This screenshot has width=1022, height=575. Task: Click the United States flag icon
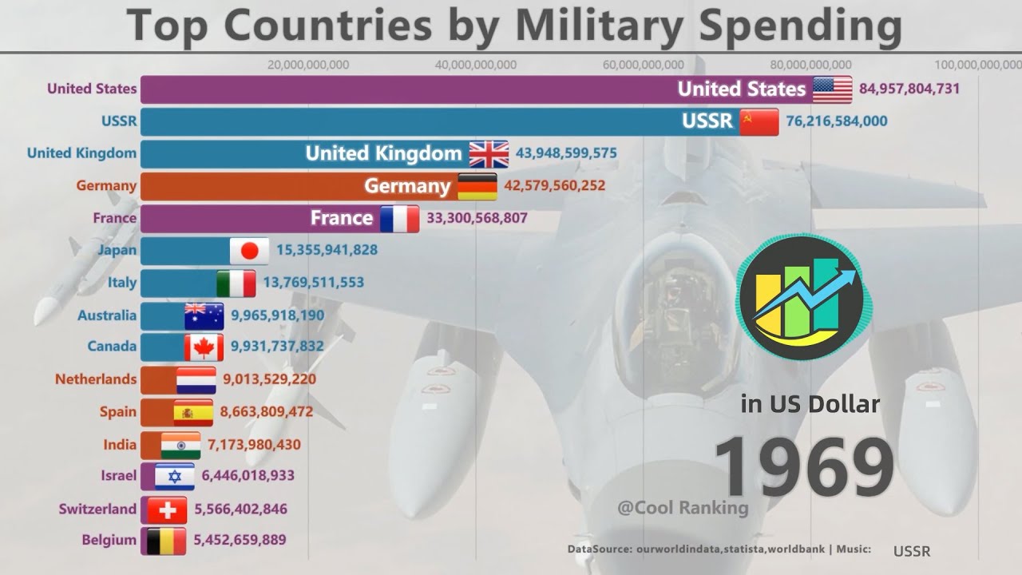833,89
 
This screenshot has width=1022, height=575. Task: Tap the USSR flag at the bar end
759,121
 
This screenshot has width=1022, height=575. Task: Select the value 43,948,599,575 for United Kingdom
566,153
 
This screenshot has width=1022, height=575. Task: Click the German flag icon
477,186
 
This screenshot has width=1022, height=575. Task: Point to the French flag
399,218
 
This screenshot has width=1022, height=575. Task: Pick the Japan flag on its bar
249,251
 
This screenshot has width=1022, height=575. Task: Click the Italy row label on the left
122,282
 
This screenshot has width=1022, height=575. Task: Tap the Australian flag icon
204,315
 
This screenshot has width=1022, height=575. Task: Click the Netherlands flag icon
196,380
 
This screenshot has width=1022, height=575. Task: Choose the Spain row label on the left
119,412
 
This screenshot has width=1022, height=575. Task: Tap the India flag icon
180,445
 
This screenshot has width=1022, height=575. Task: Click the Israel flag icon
174,477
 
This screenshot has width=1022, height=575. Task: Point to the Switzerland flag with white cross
167,509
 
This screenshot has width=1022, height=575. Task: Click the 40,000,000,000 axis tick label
476,65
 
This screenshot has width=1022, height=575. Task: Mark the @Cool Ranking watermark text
683,508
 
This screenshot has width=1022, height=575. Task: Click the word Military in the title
605,26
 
